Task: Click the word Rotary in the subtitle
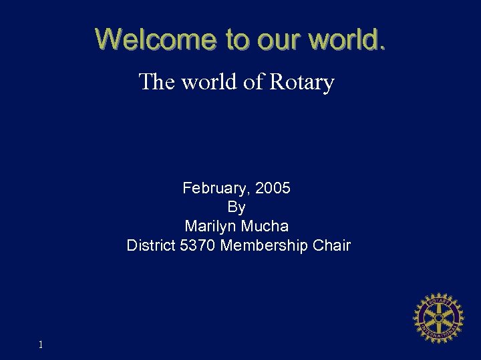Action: point(301,83)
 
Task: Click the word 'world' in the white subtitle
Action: point(204,83)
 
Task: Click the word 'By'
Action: point(236,207)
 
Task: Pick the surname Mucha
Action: point(266,227)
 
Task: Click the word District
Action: point(152,245)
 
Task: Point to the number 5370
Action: point(198,245)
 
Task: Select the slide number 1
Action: point(41,345)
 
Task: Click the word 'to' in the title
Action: point(236,39)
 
